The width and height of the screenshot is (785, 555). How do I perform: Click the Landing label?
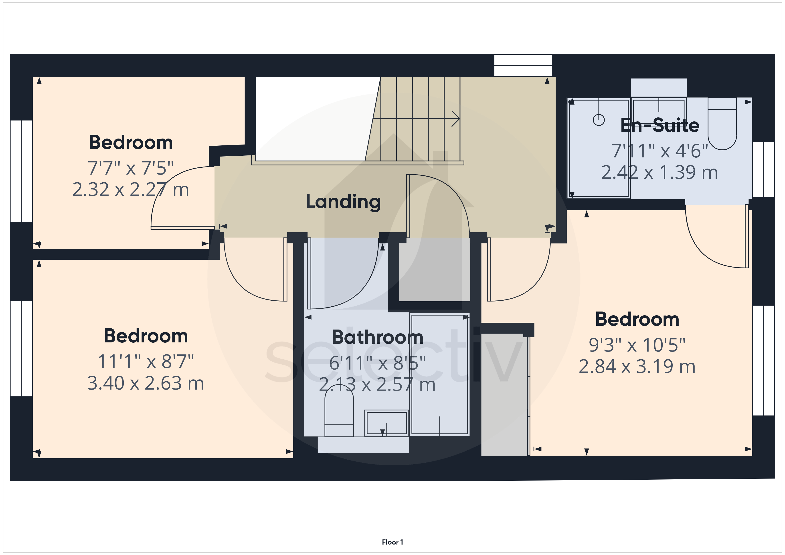(343, 202)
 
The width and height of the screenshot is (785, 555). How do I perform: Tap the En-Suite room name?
(660, 125)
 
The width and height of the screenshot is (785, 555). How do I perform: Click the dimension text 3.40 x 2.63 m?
(146, 383)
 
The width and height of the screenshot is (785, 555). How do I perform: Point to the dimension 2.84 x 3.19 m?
(637, 366)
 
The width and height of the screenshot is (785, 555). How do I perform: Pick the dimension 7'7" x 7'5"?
(131, 168)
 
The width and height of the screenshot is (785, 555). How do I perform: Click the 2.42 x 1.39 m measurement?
(659, 172)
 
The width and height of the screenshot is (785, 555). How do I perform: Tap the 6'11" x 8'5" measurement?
(377, 363)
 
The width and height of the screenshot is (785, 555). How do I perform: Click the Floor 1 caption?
(392, 542)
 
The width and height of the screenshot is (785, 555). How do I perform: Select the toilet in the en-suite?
(722, 124)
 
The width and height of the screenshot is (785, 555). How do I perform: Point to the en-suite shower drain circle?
(599, 120)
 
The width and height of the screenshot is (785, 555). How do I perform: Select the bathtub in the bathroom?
(439, 374)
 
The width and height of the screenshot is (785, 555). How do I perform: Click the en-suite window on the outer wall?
(763, 169)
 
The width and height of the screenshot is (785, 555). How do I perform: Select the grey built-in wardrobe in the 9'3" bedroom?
(505, 395)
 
